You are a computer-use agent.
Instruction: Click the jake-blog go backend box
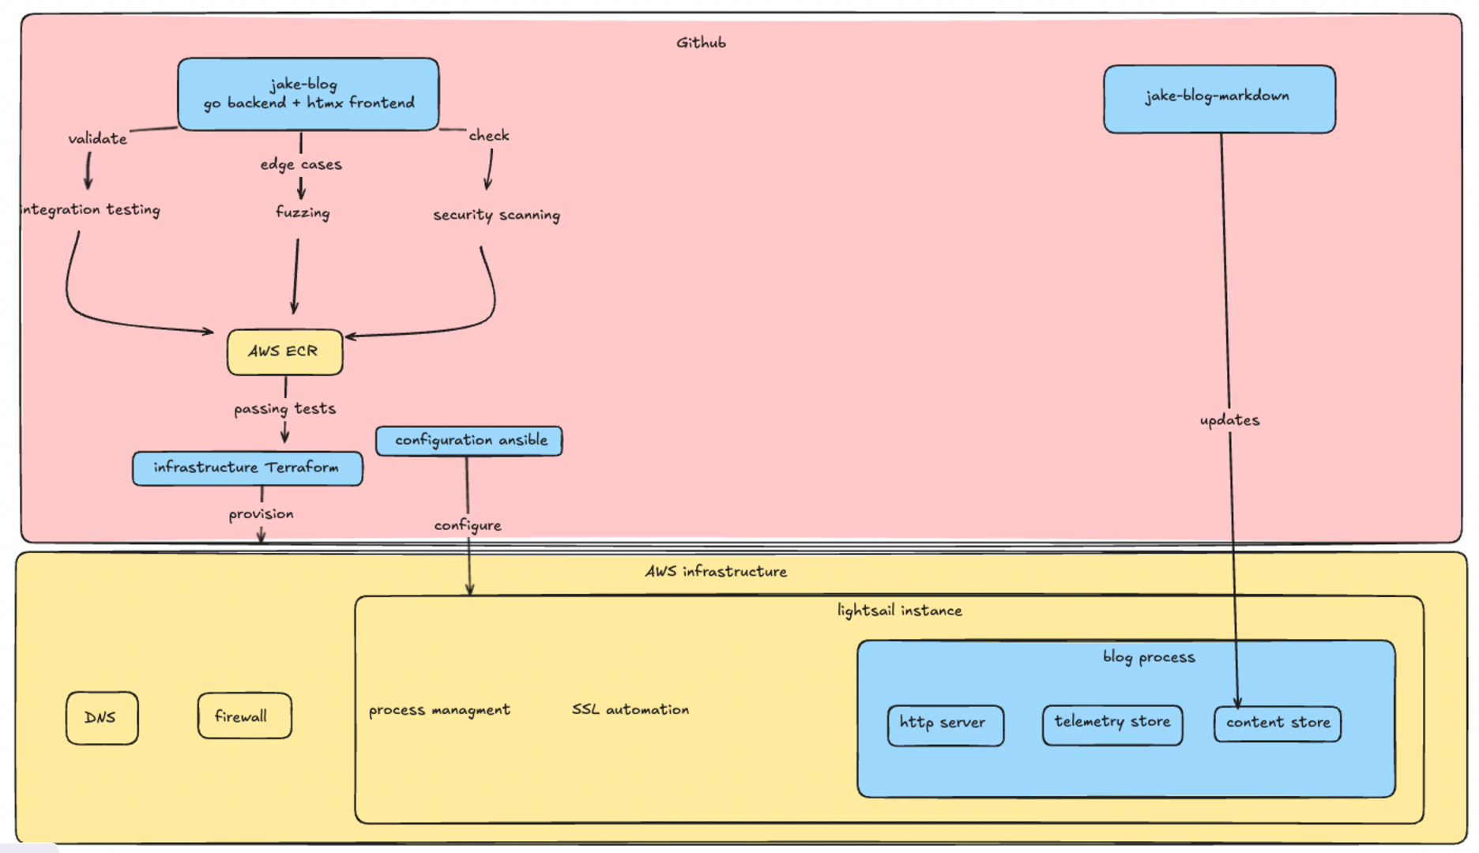[308, 94]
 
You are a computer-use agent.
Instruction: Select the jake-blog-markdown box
[1219, 99]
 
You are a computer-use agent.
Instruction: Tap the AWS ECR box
[284, 351]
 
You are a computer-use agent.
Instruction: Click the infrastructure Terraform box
[247, 468]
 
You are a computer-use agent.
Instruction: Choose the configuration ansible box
[469, 441]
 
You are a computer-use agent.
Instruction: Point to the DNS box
[102, 717]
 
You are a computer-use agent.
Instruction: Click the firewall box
[244, 716]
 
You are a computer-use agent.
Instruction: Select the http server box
[945, 724]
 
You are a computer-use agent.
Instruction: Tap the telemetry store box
[1112, 723]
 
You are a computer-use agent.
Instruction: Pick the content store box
[1277, 723]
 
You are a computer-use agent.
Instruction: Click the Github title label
[701, 43]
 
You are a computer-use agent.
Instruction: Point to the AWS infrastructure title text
[716, 571]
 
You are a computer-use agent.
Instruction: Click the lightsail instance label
[899, 611]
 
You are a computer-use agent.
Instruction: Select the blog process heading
[1149, 657]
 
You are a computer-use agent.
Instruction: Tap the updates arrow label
[1229, 420]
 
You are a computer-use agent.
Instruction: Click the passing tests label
[284, 408]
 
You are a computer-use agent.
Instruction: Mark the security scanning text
[496, 215]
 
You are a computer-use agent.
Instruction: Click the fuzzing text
[303, 212]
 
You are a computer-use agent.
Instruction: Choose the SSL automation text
[630, 709]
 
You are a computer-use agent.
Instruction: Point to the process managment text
[439, 710]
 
